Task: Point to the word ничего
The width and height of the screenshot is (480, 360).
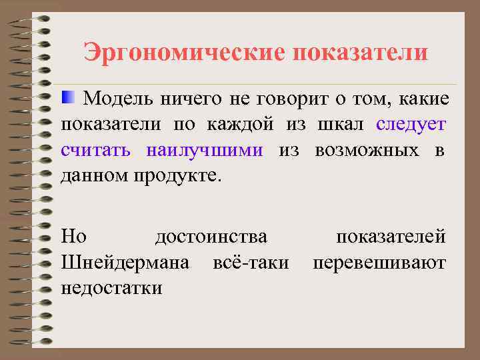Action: click(191, 100)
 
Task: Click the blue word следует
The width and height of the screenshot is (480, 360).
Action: click(411, 125)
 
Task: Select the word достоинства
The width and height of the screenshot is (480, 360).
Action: click(211, 237)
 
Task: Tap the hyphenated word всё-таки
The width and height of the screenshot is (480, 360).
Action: click(251, 262)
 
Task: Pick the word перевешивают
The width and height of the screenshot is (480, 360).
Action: click(379, 262)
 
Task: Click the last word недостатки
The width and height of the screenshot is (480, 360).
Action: click(111, 287)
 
